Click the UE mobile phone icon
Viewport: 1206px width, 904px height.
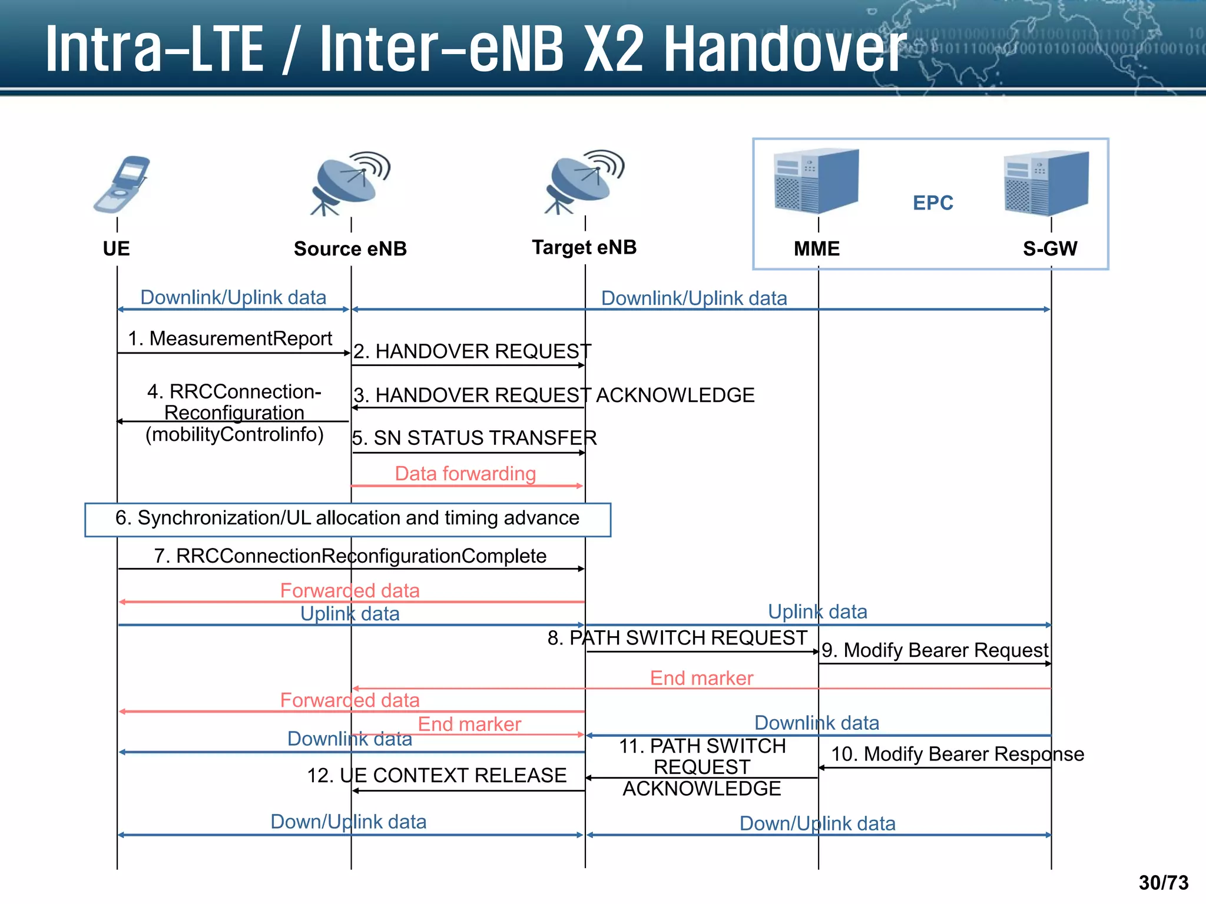tap(122, 184)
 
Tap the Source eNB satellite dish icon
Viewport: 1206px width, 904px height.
tap(351, 183)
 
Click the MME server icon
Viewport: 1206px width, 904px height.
tap(816, 181)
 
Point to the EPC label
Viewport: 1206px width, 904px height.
tap(933, 203)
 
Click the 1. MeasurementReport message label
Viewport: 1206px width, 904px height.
tap(230, 338)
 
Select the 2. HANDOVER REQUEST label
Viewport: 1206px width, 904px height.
tap(472, 351)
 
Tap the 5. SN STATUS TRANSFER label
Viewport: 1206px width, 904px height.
tap(475, 438)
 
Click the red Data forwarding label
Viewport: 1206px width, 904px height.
tap(465, 474)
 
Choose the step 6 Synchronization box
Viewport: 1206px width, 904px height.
tap(347, 519)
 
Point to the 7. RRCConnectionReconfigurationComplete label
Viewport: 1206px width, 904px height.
tap(350, 556)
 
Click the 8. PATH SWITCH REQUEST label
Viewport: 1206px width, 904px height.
tap(677, 638)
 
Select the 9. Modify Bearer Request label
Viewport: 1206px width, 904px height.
tap(935, 650)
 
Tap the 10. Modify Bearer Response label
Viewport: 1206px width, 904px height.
tap(957, 754)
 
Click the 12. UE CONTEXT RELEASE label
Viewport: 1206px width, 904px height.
tap(436, 776)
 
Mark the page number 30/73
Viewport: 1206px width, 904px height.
tap(1163, 883)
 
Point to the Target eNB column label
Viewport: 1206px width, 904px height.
tap(584, 248)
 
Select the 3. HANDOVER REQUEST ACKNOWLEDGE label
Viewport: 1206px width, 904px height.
tap(554, 395)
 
